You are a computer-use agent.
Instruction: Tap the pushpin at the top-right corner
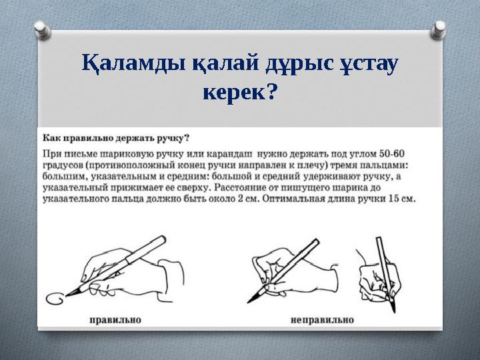click(x=441, y=28)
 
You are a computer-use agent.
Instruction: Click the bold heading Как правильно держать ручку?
click(x=116, y=138)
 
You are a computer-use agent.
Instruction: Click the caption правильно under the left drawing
click(x=115, y=319)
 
